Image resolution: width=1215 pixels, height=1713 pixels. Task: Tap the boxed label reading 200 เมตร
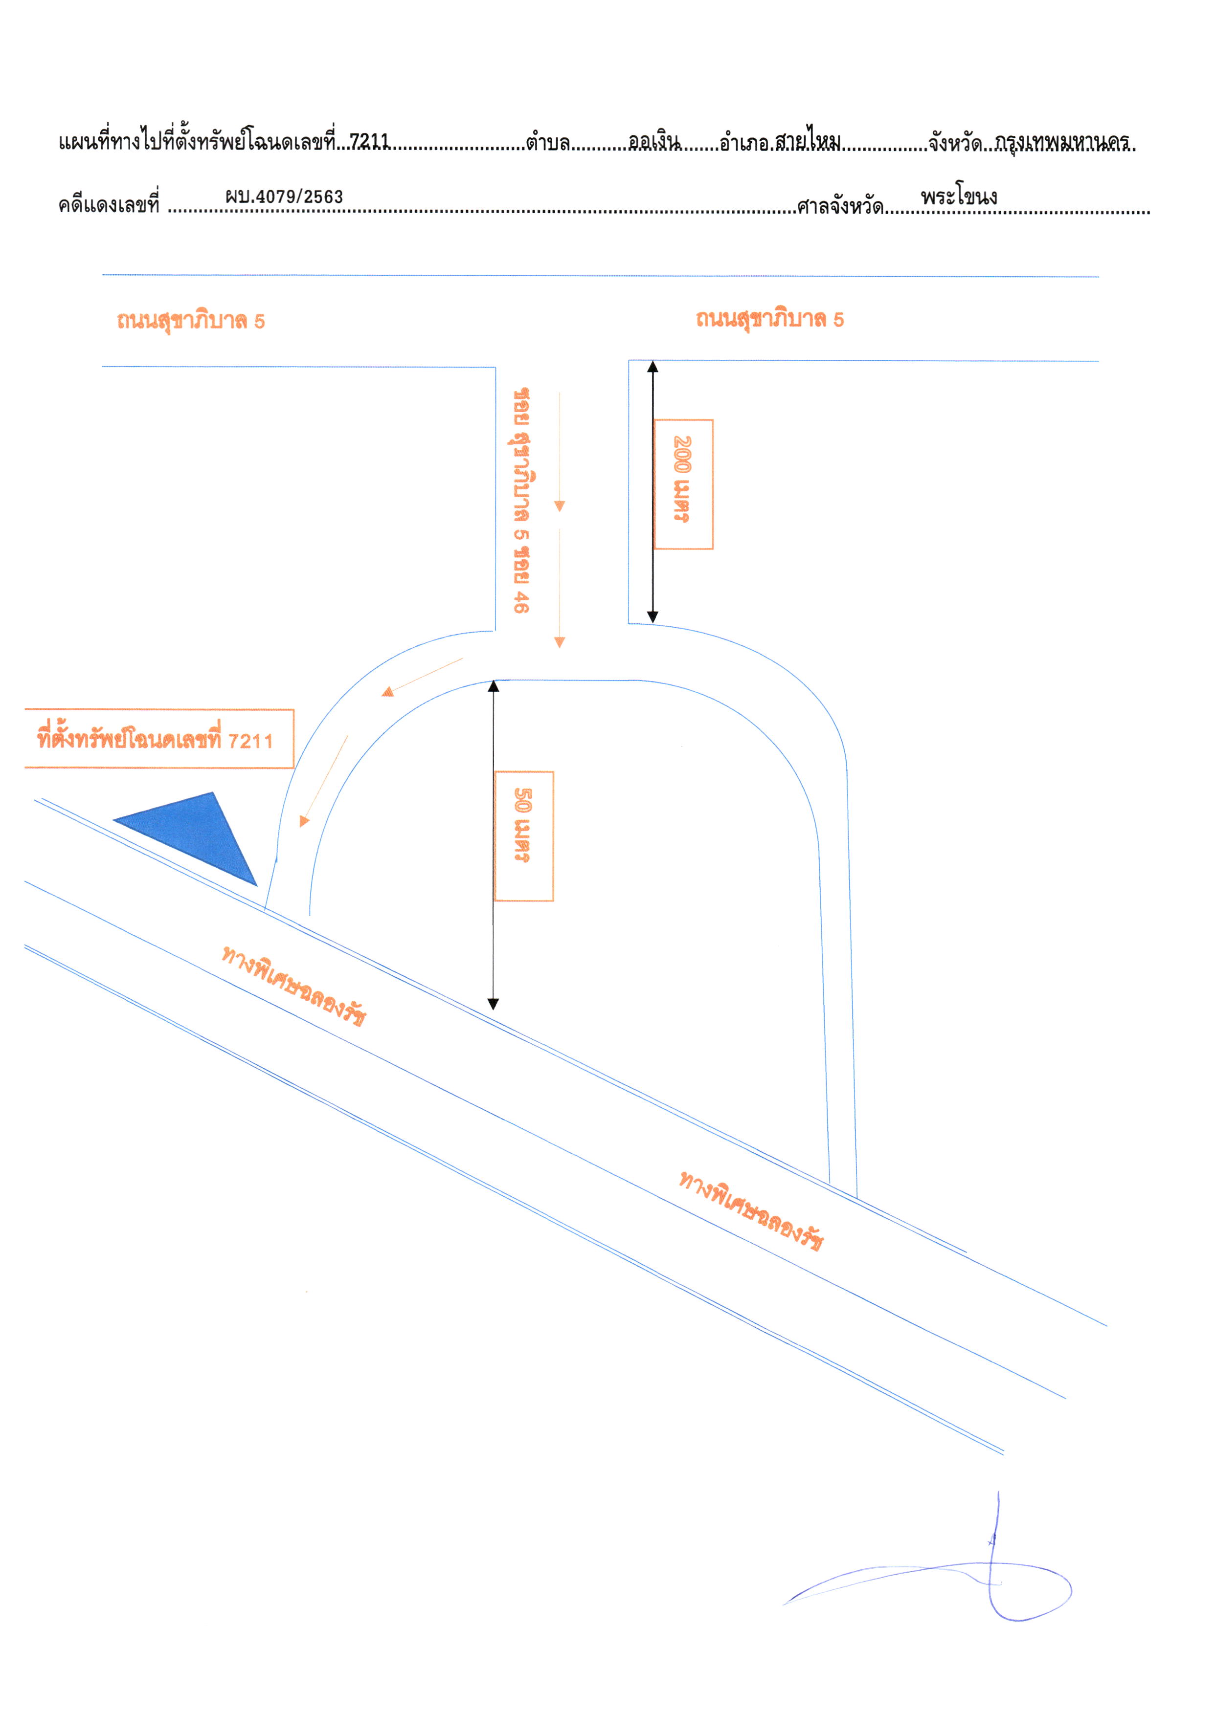683,484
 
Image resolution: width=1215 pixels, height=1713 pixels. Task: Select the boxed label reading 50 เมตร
524,836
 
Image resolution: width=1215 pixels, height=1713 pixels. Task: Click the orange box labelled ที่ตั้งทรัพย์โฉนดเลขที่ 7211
158,739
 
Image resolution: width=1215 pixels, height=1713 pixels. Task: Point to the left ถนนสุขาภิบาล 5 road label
191,321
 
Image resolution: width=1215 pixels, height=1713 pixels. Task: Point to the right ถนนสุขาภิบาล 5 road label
770,319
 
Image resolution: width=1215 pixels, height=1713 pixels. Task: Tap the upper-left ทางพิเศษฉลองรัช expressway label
293,986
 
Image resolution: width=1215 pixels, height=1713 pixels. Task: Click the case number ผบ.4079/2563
284,197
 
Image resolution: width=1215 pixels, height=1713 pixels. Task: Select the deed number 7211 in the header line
370,141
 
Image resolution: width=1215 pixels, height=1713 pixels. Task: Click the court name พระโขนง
959,197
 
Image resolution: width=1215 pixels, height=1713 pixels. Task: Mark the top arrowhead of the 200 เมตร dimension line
652,366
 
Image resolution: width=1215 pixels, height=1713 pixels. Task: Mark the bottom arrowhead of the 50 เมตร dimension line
493,1004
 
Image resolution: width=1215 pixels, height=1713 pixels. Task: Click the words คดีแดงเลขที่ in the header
109,204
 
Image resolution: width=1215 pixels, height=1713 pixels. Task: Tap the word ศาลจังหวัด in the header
839,206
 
